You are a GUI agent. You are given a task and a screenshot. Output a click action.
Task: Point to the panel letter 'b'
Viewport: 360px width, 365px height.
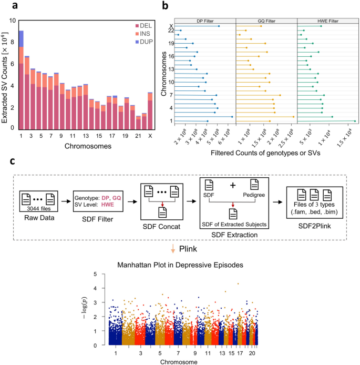tap(165, 6)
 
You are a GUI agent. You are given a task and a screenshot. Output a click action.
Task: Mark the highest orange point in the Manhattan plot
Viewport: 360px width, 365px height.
tap(238, 284)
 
